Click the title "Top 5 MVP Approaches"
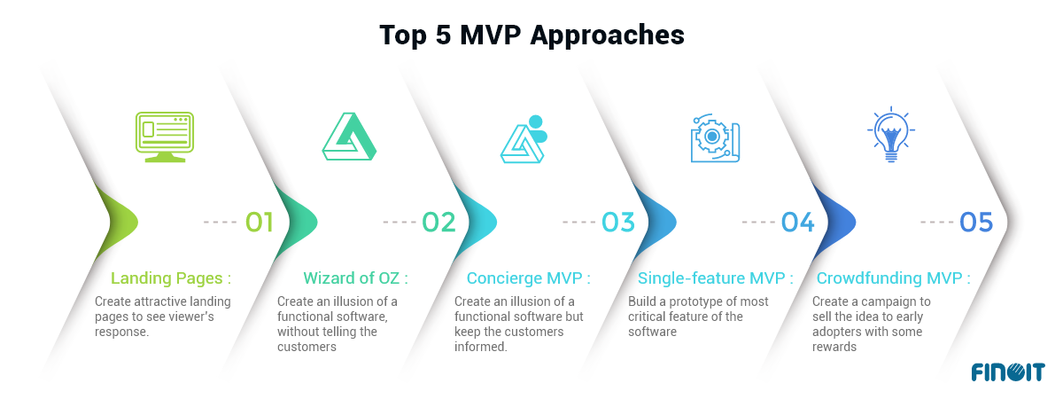(x=531, y=35)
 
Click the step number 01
(x=259, y=223)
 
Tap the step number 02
(x=438, y=223)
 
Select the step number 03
(x=618, y=223)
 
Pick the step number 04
(x=797, y=223)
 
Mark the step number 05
(x=976, y=223)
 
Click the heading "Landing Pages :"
(x=176, y=278)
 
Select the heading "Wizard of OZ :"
(x=355, y=278)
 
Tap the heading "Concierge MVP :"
(x=528, y=278)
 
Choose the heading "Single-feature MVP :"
(x=710, y=278)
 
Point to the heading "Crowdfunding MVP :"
(x=893, y=278)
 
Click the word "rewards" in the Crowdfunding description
(x=834, y=347)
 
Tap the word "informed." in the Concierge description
(x=480, y=347)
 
